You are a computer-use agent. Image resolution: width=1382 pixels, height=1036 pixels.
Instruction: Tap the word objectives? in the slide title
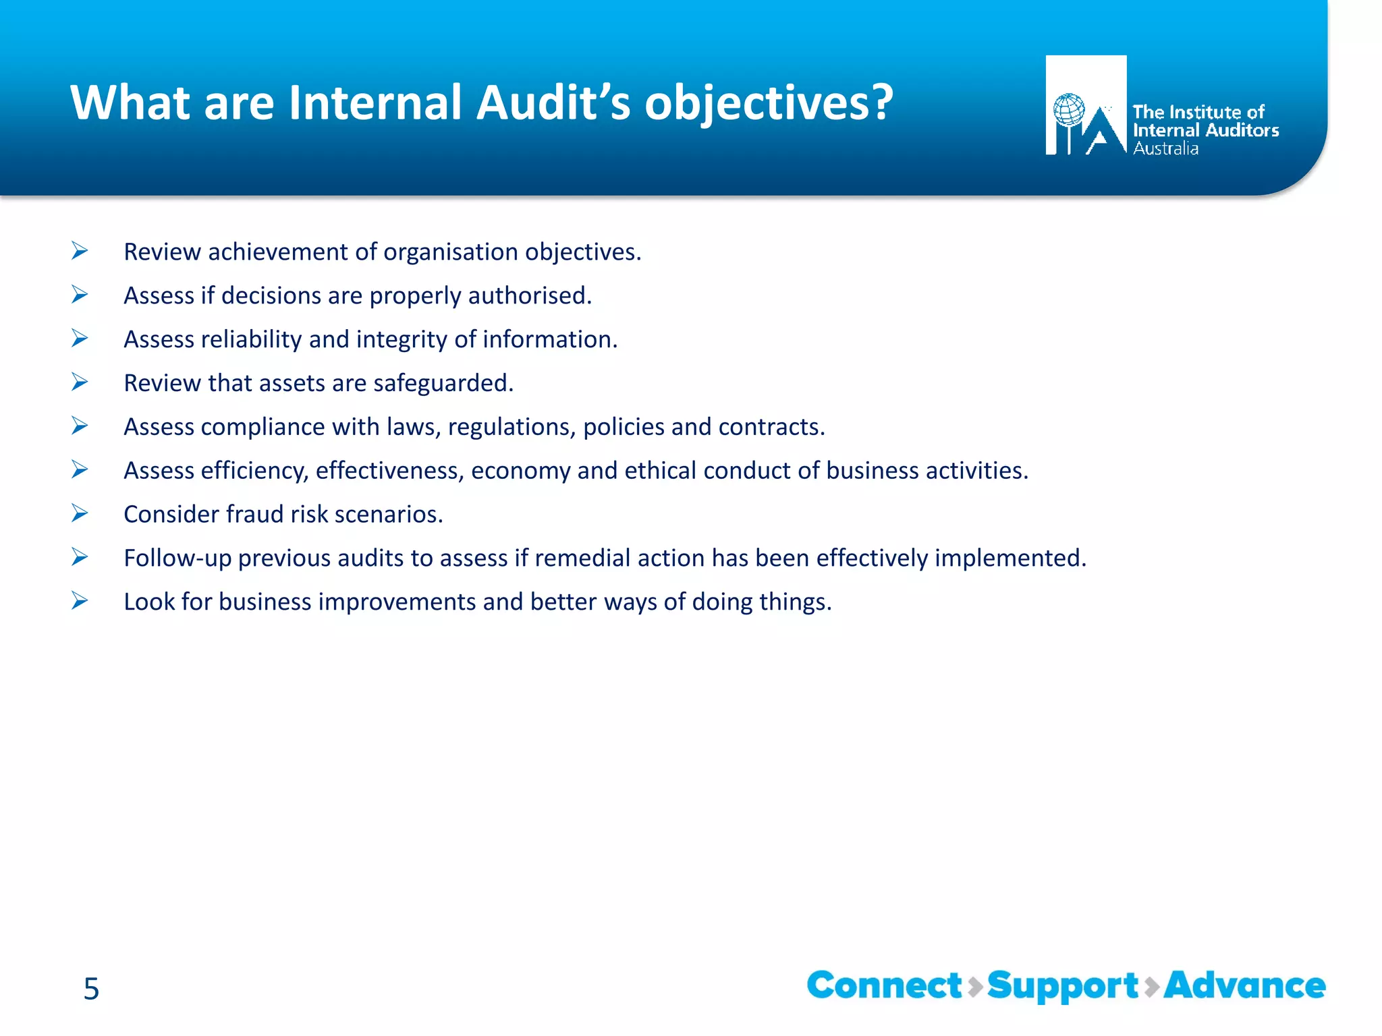tap(769, 104)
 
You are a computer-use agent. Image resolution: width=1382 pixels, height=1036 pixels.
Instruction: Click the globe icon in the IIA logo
tap(1069, 110)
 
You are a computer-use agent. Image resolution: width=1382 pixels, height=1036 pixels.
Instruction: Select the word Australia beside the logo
tap(1165, 148)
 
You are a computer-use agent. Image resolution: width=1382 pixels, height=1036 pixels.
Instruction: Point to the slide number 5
tap(91, 989)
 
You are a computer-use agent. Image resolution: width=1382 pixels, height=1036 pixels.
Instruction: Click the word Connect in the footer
tap(884, 985)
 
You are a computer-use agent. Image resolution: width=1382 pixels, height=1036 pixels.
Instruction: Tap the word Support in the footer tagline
tap(1063, 987)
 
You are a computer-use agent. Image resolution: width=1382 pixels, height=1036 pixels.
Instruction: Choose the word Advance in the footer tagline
tap(1244, 985)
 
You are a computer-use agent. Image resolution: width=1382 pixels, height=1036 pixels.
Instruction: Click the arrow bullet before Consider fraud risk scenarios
tap(80, 514)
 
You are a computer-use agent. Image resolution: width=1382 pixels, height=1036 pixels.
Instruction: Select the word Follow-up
tap(177, 558)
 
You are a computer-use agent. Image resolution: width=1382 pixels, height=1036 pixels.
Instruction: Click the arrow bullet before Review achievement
tap(80, 252)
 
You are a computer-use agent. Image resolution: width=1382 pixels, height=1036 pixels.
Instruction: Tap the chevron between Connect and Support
tap(974, 987)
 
